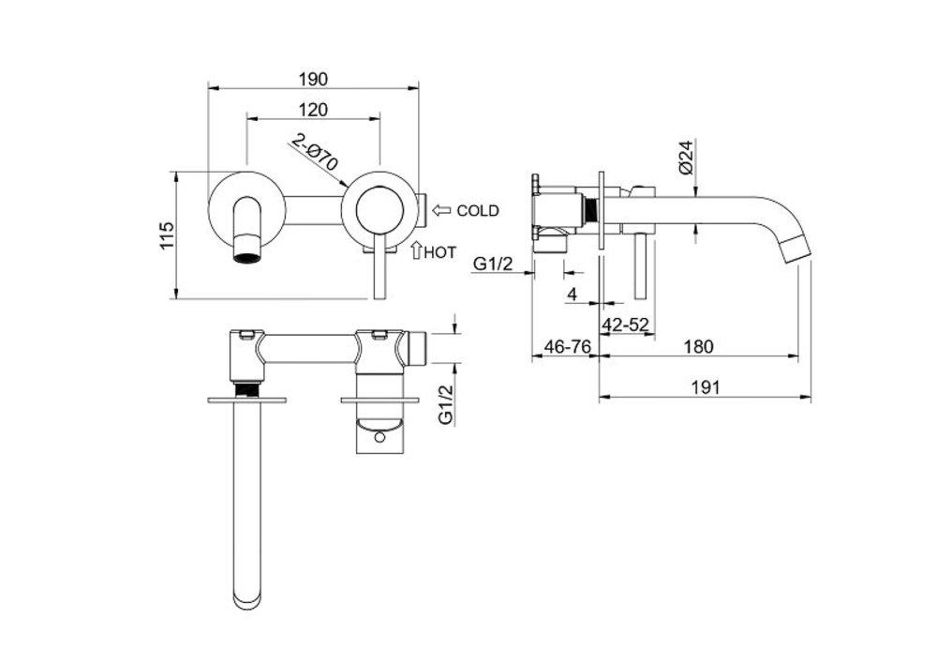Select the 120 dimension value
coord(313,109)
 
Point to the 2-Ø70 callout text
coord(314,153)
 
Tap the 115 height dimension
coord(166,235)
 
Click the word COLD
coord(478,211)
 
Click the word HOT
coord(440,252)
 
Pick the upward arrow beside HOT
coord(416,250)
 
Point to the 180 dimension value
coord(698,346)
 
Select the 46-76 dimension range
coord(566,346)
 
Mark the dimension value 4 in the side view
coord(571,294)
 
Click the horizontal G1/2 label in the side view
coord(493,265)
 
